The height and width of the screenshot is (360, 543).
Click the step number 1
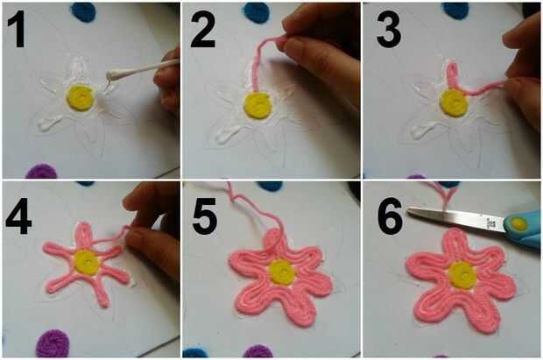click(x=17, y=30)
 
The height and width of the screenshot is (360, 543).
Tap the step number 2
click(x=203, y=30)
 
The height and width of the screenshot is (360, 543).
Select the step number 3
click(x=389, y=30)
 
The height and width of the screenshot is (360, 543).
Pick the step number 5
click(x=204, y=216)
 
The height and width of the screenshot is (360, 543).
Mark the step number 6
click(x=391, y=216)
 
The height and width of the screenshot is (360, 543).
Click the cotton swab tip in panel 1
click(x=113, y=74)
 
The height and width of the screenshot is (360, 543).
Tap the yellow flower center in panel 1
click(x=81, y=98)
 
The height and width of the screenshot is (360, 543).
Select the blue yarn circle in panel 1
click(x=84, y=11)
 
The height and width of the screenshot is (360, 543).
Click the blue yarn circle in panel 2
click(x=256, y=11)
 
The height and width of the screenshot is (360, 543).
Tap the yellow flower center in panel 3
click(x=454, y=102)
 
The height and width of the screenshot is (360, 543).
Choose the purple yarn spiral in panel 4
click(x=53, y=343)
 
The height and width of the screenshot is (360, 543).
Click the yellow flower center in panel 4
click(x=86, y=262)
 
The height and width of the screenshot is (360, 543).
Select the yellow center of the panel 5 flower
click(x=282, y=272)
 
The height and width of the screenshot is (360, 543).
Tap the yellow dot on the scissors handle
click(x=518, y=224)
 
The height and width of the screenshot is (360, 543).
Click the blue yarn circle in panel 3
click(x=456, y=10)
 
